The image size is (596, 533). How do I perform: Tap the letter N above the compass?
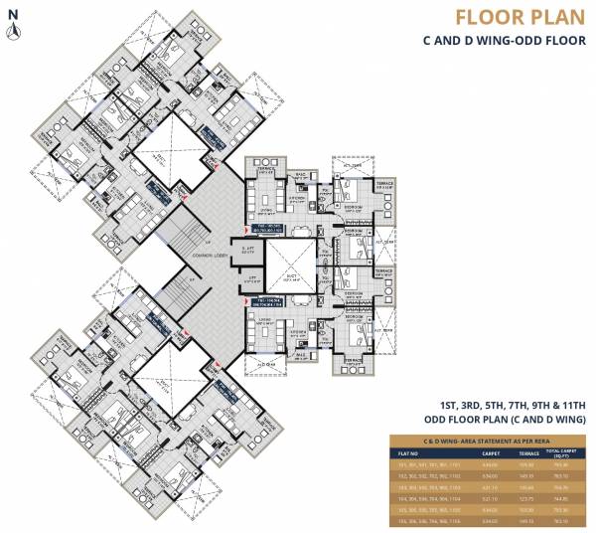pyautogui.click(x=13, y=13)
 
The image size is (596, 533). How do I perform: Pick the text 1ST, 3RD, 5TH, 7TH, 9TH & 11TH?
pyautogui.click(x=514, y=405)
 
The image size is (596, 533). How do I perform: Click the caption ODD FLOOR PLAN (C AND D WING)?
pyautogui.click(x=505, y=420)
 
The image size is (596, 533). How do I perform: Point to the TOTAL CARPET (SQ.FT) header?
pyautogui.click(x=565, y=452)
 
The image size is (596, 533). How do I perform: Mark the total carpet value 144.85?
pyautogui.click(x=565, y=499)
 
